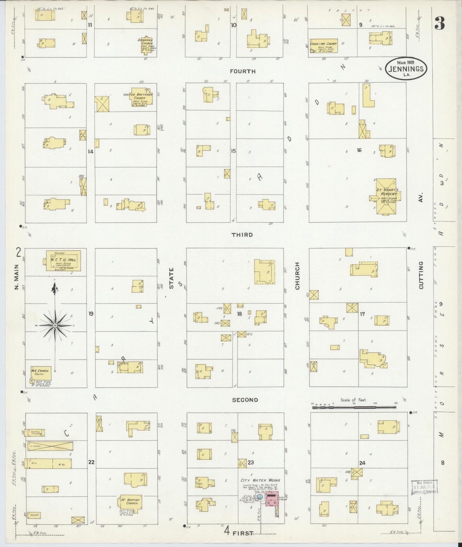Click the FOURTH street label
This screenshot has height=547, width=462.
coord(242,71)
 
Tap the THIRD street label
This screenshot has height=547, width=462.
coord(242,235)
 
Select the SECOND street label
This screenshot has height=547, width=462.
coord(245,400)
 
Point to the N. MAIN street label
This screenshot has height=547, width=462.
coord(17,278)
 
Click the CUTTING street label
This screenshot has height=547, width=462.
coord(421,275)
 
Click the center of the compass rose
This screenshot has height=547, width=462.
coord(55,325)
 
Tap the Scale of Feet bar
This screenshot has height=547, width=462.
coord(354,407)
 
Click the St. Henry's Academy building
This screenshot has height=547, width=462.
coord(385,196)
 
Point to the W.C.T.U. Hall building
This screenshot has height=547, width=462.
coord(63,261)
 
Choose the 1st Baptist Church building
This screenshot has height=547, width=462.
coord(130,503)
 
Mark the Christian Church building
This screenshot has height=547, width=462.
coord(323,46)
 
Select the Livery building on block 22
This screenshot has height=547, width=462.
coord(50,446)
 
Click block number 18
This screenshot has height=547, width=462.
coord(239,314)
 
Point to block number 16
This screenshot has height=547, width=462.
coord(359,150)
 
